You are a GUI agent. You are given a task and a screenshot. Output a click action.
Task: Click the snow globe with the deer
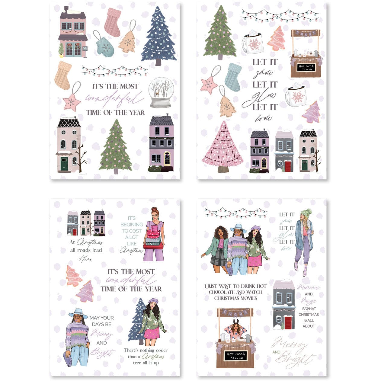(x=161, y=92)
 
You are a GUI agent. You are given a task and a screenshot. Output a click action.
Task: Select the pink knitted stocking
(x=113, y=22)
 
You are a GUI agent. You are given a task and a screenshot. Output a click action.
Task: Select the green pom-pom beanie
(x=306, y=212)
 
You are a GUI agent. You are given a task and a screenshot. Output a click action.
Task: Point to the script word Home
(x=85, y=259)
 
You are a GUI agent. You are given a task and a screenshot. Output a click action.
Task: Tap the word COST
(x=136, y=231)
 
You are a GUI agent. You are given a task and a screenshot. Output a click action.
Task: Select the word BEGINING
(x=132, y=225)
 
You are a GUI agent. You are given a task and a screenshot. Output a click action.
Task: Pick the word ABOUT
(x=309, y=326)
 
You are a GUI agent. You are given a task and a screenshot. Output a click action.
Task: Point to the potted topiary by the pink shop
(x=61, y=50)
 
